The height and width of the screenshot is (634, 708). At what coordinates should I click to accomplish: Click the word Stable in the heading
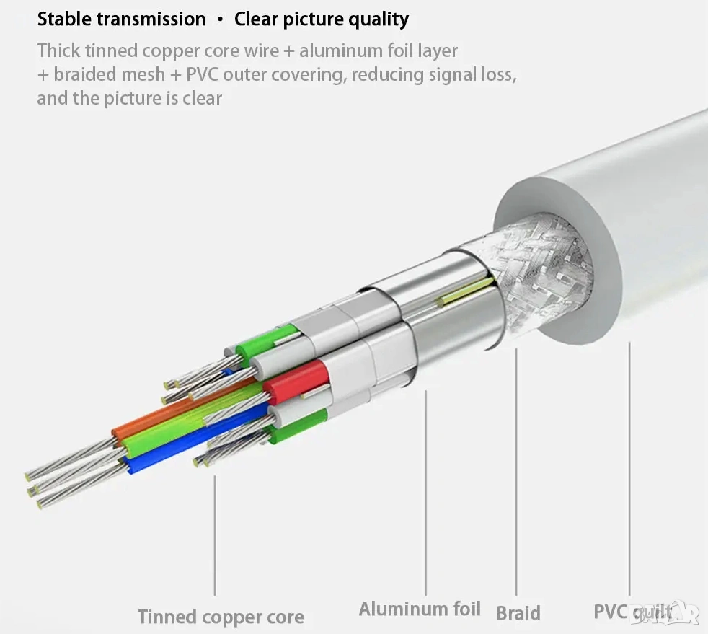point(65,19)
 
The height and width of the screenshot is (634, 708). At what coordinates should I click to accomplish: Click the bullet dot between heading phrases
point(220,19)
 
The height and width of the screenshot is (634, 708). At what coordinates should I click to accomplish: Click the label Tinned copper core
point(221,617)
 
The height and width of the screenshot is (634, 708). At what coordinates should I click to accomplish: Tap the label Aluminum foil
point(420,609)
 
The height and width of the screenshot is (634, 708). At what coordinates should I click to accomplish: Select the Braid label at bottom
point(518,613)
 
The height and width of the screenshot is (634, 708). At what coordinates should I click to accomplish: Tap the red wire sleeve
point(297,381)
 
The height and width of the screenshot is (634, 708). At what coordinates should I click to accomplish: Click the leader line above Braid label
point(516,469)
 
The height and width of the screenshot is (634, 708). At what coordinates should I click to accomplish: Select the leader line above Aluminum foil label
point(425,490)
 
